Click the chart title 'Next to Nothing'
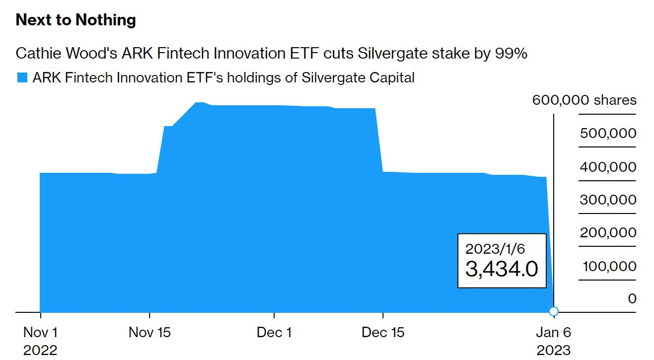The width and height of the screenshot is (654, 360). [x=76, y=20]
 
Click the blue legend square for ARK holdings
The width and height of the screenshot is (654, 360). [x=22, y=77]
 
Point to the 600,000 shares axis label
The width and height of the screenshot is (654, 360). [x=584, y=100]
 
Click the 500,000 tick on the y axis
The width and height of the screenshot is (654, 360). [x=607, y=133]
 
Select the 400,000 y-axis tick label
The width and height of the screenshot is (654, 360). [x=607, y=167]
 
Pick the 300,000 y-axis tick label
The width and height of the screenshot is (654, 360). [x=607, y=200]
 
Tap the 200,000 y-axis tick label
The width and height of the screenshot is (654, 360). [x=607, y=233]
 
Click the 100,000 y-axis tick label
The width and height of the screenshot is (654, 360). [x=609, y=266]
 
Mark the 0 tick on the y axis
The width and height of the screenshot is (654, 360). [x=632, y=298]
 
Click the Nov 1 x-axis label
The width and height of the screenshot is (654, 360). [x=40, y=332]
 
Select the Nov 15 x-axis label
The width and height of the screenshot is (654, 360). [x=149, y=332]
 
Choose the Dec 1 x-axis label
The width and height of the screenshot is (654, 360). [x=274, y=332]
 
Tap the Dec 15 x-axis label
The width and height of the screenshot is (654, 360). [x=383, y=332]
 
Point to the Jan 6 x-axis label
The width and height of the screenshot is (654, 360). [x=554, y=332]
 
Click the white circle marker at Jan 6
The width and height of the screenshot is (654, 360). [x=554, y=311]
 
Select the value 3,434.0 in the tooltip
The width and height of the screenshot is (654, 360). [x=502, y=269]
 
